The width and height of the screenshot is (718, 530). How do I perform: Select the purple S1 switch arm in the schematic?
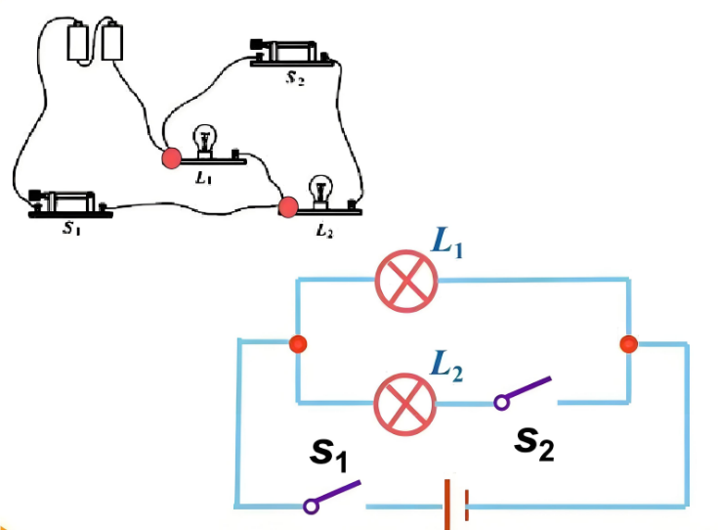(x=336, y=494)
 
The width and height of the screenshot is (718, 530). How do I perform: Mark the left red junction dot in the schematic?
(x=299, y=344)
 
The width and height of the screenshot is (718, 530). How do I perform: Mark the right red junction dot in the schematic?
(x=628, y=344)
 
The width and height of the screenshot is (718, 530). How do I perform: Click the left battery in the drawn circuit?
(x=79, y=40)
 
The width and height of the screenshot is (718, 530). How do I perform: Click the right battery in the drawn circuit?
(x=112, y=40)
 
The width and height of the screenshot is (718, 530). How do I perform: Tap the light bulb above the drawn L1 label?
(x=205, y=139)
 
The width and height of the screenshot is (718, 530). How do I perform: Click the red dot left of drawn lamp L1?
(x=171, y=156)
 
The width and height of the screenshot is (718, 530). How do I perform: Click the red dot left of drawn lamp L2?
(x=287, y=206)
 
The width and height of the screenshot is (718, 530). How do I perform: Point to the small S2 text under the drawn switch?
(x=294, y=78)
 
